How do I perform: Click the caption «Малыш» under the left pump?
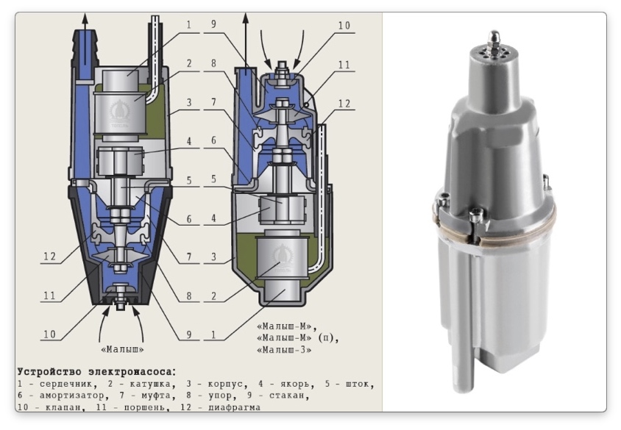pyautogui.click(x=122, y=349)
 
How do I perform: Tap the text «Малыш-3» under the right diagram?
pyautogui.click(x=284, y=350)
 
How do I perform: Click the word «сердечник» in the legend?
pyautogui.click(x=65, y=384)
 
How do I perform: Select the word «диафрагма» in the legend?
pyautogui.click(x=234, y=407)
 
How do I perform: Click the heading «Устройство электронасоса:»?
pyautogui.click(x=96, y=372)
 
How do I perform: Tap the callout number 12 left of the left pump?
pyautogui.click(x=49, y=257)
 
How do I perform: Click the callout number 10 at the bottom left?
pyautogui.click(x=49, y=334)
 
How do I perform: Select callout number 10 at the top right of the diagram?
pyautogui.click(x=344, y=25)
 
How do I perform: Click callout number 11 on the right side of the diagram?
pyautogui.click(x=344, y=65)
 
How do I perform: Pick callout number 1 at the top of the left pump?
pyautogui.click(x=188, y=24)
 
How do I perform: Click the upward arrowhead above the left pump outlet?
pyautogui.click(x=85, y=18)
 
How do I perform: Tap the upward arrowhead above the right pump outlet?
pyautogui.click(x=246, y=18)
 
